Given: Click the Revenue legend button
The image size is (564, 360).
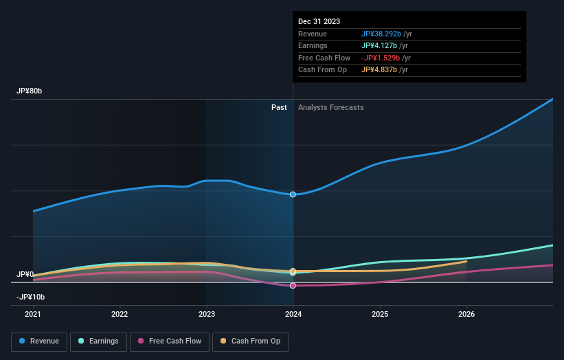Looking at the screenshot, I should (x=40, y=341).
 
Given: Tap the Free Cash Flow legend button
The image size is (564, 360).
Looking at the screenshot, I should (x=169, y=341).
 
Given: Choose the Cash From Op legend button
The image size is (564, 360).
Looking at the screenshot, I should (x=251, y=341).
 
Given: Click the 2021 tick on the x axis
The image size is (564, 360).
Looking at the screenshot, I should (x=33, y=314).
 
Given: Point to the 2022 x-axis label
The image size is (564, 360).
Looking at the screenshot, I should (x=120, y=314).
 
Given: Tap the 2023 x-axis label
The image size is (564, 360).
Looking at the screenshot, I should (x=206, y=314).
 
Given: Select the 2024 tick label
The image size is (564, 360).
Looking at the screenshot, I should (x=293, y=314).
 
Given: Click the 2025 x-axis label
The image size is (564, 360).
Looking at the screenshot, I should (x=380, y=314).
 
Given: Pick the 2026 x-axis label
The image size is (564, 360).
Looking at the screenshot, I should (x=466, y=314).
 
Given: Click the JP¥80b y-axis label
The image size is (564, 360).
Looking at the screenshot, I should (x=30, y=91).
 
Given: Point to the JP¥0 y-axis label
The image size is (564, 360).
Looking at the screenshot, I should (x=25, y=274).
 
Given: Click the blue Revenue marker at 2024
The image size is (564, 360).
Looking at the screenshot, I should (x=293, y=194).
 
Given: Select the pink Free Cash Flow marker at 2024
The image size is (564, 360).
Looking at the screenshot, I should (x=293, y=286).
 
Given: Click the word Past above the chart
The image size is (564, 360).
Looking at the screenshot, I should (x=279, y=107).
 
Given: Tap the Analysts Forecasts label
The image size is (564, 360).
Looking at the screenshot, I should (x=330, y=107).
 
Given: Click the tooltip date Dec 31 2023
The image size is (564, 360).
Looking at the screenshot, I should (x=319, y=22).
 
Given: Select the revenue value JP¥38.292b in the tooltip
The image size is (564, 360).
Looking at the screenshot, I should (x=381, y=34).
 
